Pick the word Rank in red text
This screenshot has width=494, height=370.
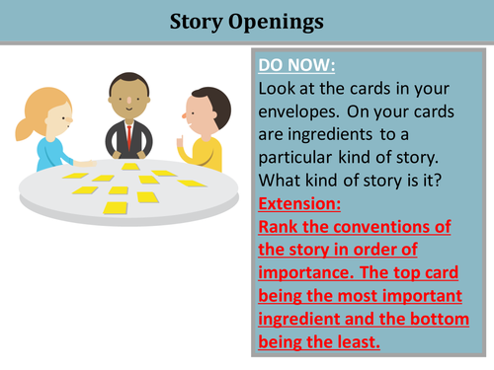[278, 228]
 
